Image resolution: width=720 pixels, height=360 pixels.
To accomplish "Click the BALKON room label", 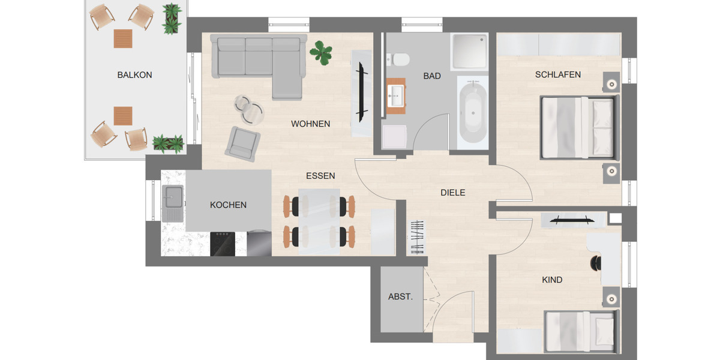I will click(x=134, y=75).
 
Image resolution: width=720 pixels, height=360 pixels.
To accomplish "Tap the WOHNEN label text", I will click(x=310, y=124).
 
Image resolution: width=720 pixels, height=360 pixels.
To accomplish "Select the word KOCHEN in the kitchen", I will click(x=228, y=205).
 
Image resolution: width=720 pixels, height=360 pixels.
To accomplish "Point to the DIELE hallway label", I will click(x=453, y=193).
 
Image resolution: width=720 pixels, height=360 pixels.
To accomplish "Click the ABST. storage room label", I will click(x=400, y=296).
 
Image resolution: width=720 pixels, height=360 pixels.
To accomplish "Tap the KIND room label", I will click(x=552, y=280).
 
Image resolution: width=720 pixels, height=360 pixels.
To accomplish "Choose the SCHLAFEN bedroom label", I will click(x=558, y=74).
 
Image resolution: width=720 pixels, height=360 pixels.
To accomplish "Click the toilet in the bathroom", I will click(x=400, y=59).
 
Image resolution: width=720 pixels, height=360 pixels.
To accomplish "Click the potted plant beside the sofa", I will click(x=321, y=53).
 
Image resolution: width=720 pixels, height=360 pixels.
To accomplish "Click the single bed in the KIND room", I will click(x=580, y=331).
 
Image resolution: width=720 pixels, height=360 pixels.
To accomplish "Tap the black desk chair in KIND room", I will click(x=596, y=263).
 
